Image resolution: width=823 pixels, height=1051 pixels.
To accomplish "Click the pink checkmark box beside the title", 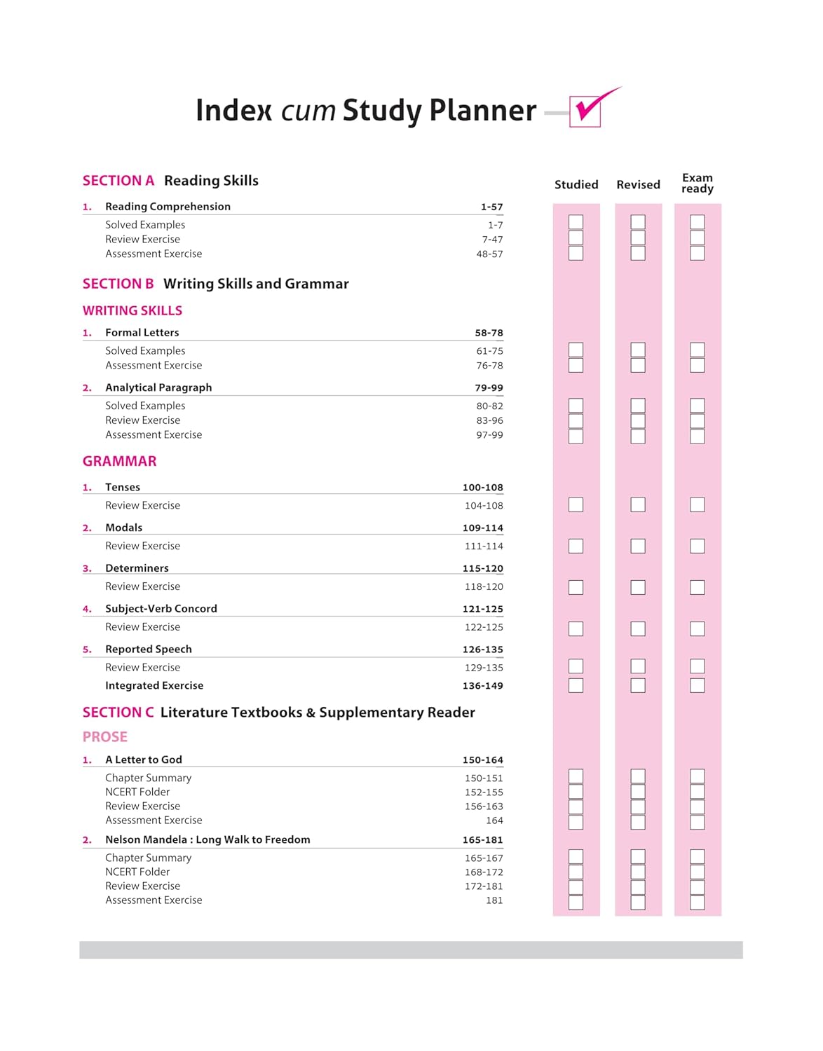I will (x=585, y=112).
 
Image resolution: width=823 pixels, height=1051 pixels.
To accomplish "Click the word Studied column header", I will (x=576, y=185).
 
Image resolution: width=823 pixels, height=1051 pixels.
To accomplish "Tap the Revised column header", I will (x=638, y=185).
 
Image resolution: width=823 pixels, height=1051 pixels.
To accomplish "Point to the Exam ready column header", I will (x=698, y=184).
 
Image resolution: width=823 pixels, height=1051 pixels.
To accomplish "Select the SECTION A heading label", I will (x=118, y=181).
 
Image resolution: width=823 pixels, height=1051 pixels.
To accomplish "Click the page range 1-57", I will (x=491, y=207).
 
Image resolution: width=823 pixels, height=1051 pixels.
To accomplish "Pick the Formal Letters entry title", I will (x=142, y=333).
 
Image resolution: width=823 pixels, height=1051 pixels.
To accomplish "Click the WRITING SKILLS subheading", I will (x=132, y=310).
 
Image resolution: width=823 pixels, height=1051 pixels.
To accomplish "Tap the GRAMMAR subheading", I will (x=120, y=461).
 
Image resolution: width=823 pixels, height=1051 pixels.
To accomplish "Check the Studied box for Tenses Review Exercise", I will (x=576, y=504).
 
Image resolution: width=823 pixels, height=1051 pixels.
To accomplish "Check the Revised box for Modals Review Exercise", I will (x=638, y=546).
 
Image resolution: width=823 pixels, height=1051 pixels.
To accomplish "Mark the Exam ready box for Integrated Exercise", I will (x=697, y=685).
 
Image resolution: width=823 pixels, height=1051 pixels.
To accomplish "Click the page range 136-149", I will (x=483, y=686).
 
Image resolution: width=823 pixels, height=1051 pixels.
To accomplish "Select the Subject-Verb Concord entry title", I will (x=161, y=609).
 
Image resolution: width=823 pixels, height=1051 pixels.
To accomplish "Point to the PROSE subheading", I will (x=105, y=737).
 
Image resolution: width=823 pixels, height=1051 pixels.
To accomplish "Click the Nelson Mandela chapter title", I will (x=208, y=840).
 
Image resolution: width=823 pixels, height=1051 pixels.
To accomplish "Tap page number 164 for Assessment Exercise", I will (x=494, y=820).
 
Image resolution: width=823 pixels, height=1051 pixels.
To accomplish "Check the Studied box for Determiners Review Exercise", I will (x=576, y=587).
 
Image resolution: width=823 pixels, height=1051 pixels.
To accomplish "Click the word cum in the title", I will (x=308, y=111).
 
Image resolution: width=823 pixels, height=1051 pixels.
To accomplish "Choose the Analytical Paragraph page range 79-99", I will (x=489, y=388).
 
